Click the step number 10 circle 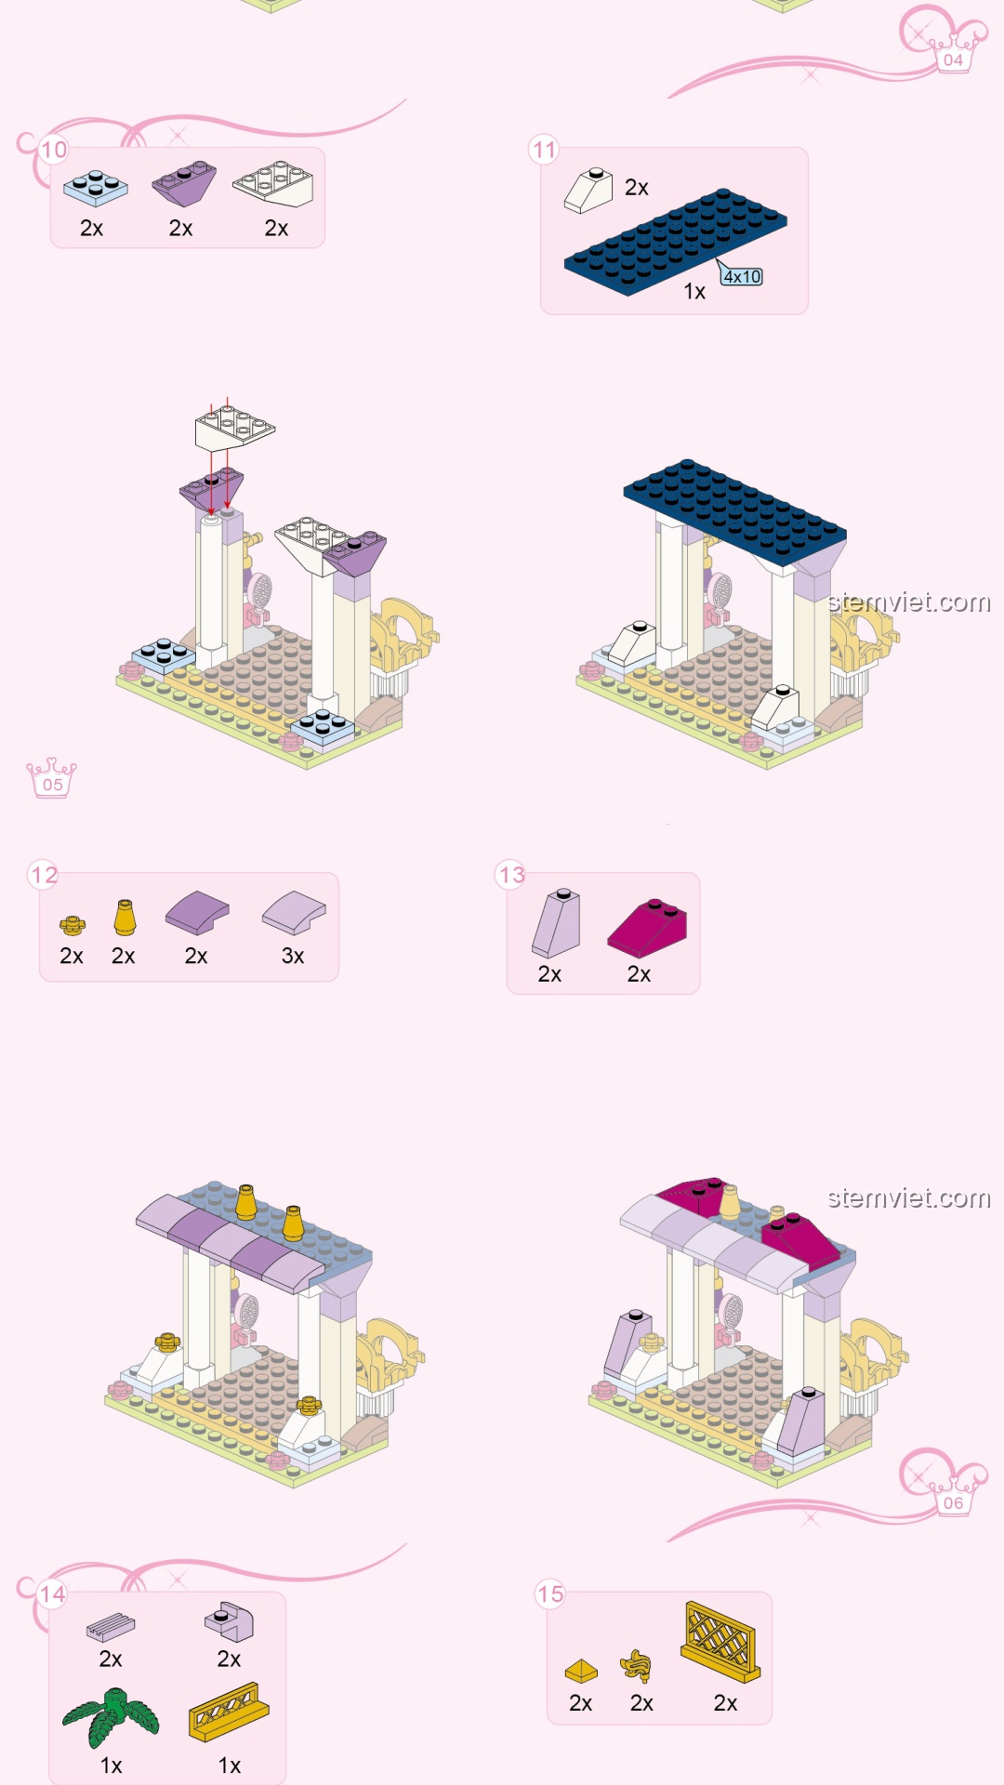[54, 150]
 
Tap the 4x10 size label [742, 276]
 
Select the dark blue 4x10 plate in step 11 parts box [676, 242]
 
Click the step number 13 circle [511, 875]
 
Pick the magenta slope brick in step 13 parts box [647, 927]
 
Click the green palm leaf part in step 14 [112, 1716]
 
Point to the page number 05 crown [52, 778]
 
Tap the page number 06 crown [954, 1496]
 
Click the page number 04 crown [954, 54]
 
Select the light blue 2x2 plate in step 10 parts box [95, 188]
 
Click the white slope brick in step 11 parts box [588, 191]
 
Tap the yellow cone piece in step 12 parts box [125, 918]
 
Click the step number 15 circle [550, 1594]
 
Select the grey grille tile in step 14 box [111, 1626]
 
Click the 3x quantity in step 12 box [293, 956]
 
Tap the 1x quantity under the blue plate [694, 292]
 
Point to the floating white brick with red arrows [234, 427]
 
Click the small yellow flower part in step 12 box [72, 924]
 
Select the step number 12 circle [44, 875]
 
